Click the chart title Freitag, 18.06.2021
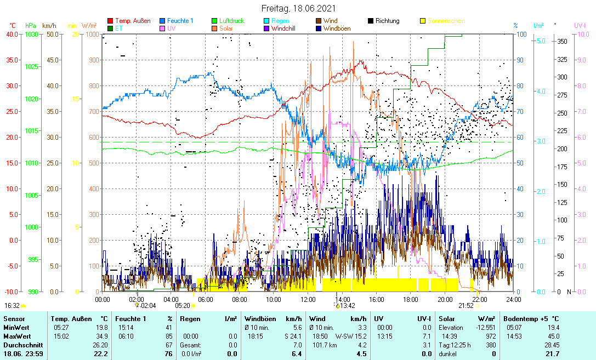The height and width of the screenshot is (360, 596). [298, 9]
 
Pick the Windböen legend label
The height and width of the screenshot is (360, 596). [338, 28]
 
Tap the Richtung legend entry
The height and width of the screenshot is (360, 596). [387, 21]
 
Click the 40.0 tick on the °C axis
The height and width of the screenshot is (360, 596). [12, 34]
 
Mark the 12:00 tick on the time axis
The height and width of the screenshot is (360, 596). [308, 299]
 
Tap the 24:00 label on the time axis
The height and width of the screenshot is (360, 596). [513, 299]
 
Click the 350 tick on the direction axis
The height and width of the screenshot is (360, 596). [561, 41]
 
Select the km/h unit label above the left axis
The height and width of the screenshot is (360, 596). [49, 26]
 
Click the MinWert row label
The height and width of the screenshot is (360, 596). [16, 327]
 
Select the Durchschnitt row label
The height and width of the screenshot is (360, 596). [21, 345]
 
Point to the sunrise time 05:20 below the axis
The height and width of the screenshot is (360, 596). [183, 306]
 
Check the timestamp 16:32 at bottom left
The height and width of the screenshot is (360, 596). [12, 306]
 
